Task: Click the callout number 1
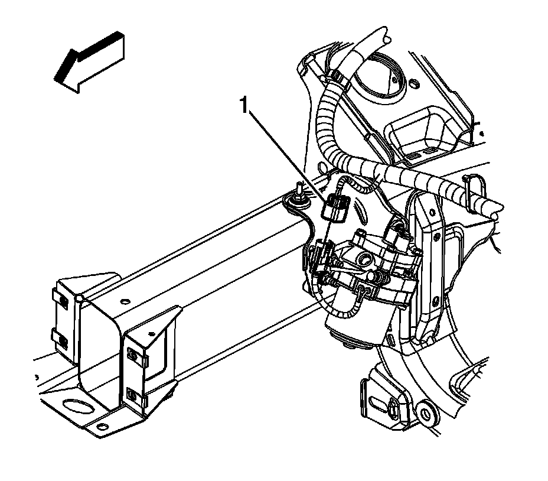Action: [x=242, y=106]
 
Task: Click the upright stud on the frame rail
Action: [x=299, y=190]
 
